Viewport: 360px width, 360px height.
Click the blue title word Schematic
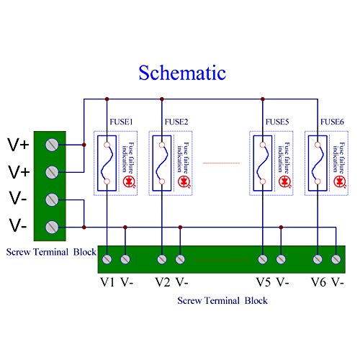pos(182,73)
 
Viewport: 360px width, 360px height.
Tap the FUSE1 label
pos(122,122)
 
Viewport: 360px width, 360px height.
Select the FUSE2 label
pos(176,122)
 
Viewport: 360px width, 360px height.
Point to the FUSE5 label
pos(277,122)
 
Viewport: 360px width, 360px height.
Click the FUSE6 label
pos(332,122)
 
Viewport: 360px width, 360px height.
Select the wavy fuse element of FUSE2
pos(163,163)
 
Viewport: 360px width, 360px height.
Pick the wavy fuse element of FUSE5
pos(264,163)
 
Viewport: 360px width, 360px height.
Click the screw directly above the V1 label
pos(107,258)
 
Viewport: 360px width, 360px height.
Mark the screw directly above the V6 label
pos(318,258)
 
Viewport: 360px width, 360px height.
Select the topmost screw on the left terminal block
pos(52,145)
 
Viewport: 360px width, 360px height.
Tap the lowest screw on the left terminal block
pos(52,226)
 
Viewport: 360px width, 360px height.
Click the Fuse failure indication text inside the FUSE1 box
pos(128,156)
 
